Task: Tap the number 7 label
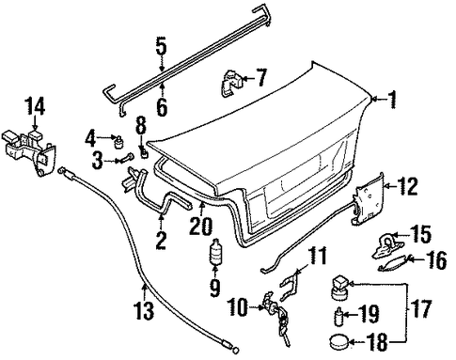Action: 260,77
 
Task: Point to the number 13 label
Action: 145,310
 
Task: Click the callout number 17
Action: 421,308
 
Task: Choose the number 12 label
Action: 407,186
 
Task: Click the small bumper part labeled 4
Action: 119,142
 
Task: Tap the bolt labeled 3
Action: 125,159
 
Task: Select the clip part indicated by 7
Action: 231,83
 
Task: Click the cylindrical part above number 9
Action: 215,252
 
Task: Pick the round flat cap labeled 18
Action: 339,341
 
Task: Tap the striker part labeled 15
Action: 388,245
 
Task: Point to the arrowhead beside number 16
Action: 410,258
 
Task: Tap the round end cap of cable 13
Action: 236,350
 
